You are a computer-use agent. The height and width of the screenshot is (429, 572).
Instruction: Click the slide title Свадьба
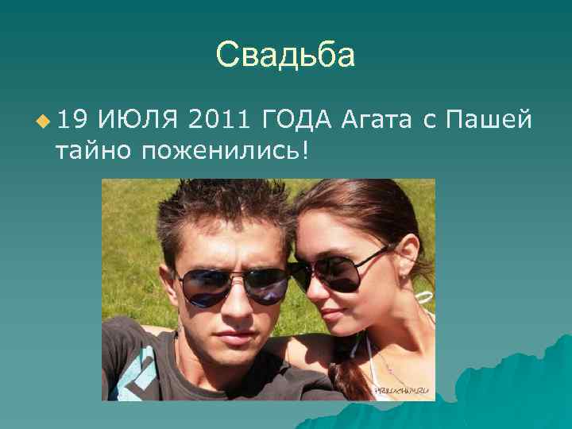pyautogui.click(x=285, y=56)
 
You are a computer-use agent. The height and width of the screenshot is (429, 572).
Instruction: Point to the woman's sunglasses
pyautogui.click(x=340, y=272)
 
